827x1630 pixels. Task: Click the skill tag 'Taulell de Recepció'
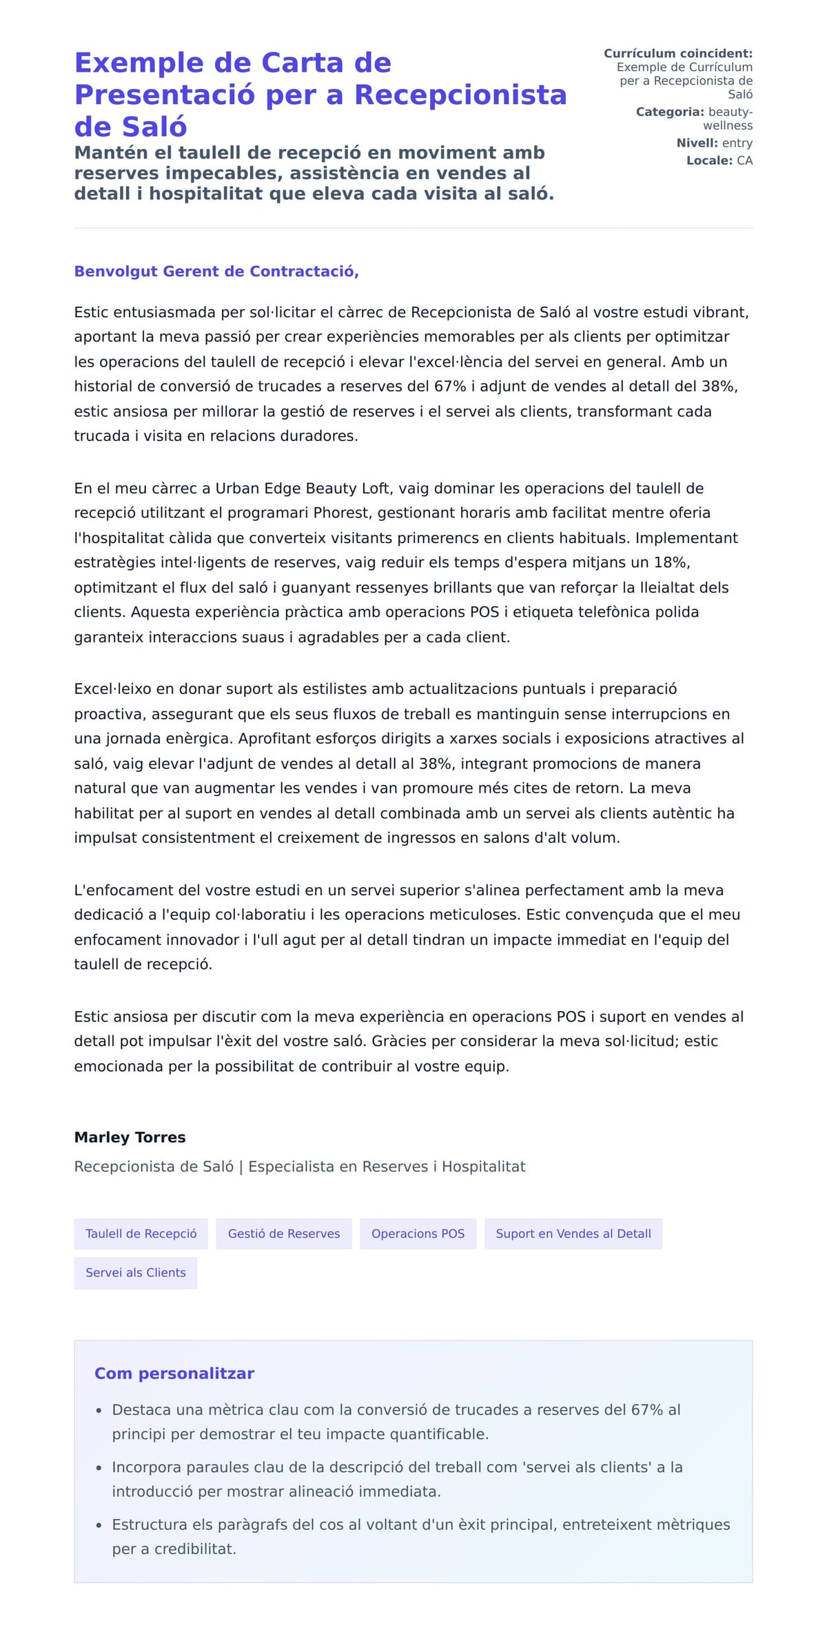click(x=141, y=1234)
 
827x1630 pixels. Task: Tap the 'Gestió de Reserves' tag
click(x=284, y=1234)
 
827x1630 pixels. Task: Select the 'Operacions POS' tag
click(x=418, y=1234)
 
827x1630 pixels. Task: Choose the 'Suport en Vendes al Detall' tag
click(x=573, y=1234)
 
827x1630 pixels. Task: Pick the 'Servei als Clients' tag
click(x=136, y=1272)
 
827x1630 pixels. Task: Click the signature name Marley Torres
click(x=130, y=1137)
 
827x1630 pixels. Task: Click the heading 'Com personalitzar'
click(x=174, y=1373)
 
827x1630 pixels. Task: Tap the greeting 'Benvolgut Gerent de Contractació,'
click(x=216, y=272)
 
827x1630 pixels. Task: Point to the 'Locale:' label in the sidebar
click(x=709, y=161)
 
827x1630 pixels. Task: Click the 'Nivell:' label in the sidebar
click(x=697, y=143)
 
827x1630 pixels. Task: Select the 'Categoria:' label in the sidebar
click(x=669, y=112)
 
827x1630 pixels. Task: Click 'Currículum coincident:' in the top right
click(x=677, y=54)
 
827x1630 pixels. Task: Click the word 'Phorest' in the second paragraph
click(x=341, y=513)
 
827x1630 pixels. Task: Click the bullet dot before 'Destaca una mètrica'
click(x=99, y=1411)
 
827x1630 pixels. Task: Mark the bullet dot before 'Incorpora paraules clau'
click(x=99, y=1468)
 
